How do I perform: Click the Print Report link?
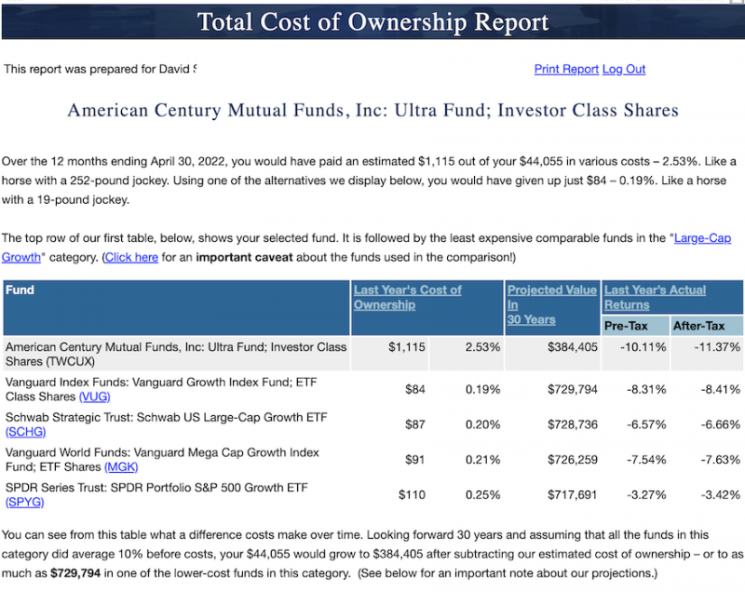(x=566, y=70)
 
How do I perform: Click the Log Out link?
(x=624, y=70)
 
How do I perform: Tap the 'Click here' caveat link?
(x=130, y=257)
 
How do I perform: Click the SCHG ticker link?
(x=25, y=431)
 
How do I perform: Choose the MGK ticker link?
(x=121, y=466)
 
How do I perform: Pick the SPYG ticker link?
(x=24, y=502)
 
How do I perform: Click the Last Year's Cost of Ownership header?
(x=407, y=297)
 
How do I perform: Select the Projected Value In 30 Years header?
(x=551, y=304)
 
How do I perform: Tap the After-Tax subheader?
(x=699, y=326)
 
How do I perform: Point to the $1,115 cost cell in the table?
(x=406, y=347)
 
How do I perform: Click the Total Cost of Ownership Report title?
(x=372, y=20)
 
